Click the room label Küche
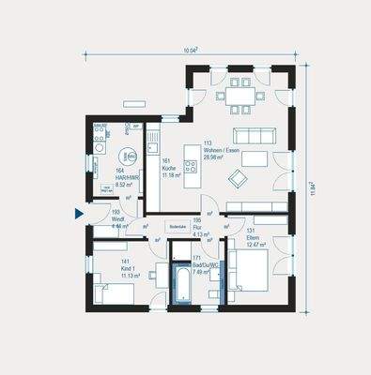tap(168, 167)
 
